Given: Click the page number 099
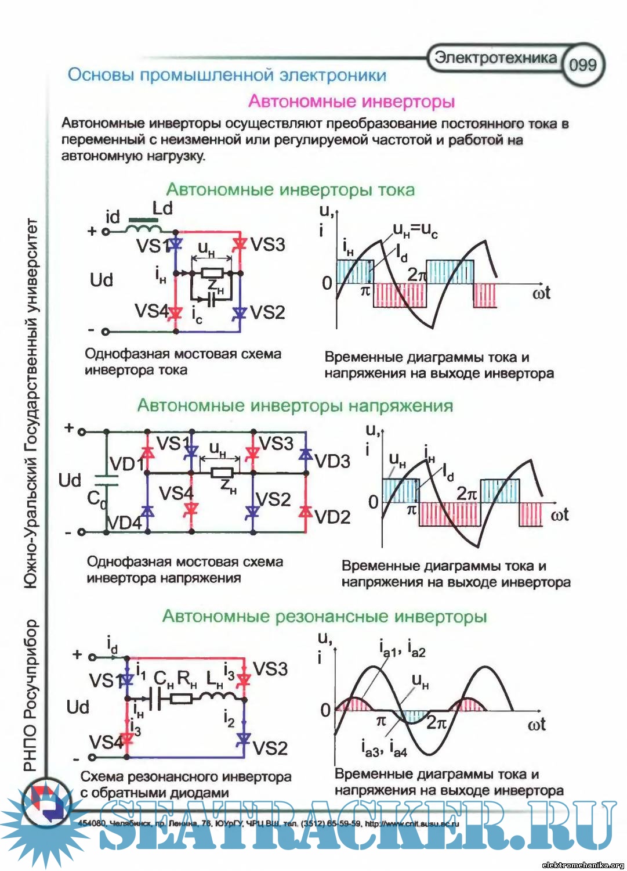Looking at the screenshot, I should tap(582, 64).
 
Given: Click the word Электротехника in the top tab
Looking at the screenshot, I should tap(495, 57).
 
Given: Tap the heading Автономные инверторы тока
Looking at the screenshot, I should tap(291, 190).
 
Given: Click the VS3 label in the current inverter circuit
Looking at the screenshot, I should tap(268, 244).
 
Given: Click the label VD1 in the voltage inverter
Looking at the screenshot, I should tap(126, 464).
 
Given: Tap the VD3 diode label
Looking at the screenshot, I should tap(332, 461).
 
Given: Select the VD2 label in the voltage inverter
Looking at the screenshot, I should tap(332, 517).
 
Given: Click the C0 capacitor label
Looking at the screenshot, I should tap(96, 499).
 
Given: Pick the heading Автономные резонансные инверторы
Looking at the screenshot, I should tap(324, 616).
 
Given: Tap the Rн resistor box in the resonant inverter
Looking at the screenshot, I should tap(182, 697).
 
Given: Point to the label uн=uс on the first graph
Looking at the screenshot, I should tap(415, 231).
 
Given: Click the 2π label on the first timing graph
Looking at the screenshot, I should tap(417, 274).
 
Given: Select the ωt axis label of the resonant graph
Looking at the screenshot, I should tap(536, 724).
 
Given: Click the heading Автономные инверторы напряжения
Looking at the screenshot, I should tap(295, 405).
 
